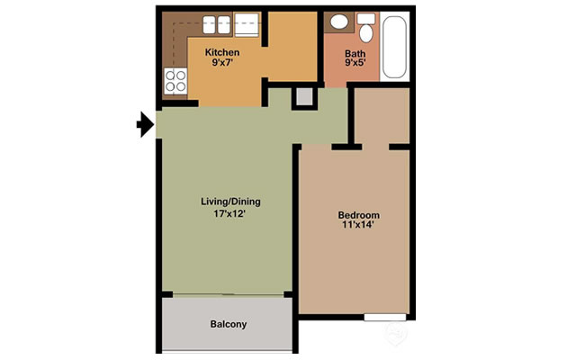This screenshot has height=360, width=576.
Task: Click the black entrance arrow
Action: (x=144, y=125)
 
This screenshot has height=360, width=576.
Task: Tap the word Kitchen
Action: (x=221, y=52)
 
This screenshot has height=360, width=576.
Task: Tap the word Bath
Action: (x=355, y=53)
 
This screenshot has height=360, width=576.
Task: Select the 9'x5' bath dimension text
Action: (x=355, y=65)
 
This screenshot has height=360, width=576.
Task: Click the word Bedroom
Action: (x=358, y=215)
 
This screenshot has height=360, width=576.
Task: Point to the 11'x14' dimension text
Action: (x=358, y=227)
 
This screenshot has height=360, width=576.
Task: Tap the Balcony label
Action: (x=228, y=324)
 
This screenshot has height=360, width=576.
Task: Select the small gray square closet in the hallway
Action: (x=303, y=96)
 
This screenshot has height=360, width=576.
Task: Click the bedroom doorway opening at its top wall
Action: (x=374, y=146)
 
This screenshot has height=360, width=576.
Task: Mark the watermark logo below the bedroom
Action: (x=393, y=333)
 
